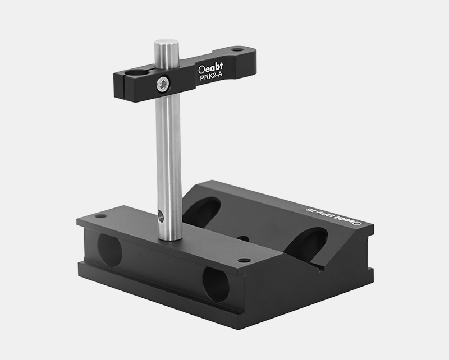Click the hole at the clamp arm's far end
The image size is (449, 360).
238,50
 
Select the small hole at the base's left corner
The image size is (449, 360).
100,216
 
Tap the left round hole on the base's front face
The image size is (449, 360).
109,250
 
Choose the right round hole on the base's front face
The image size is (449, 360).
216,284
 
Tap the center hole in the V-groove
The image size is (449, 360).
243,238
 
